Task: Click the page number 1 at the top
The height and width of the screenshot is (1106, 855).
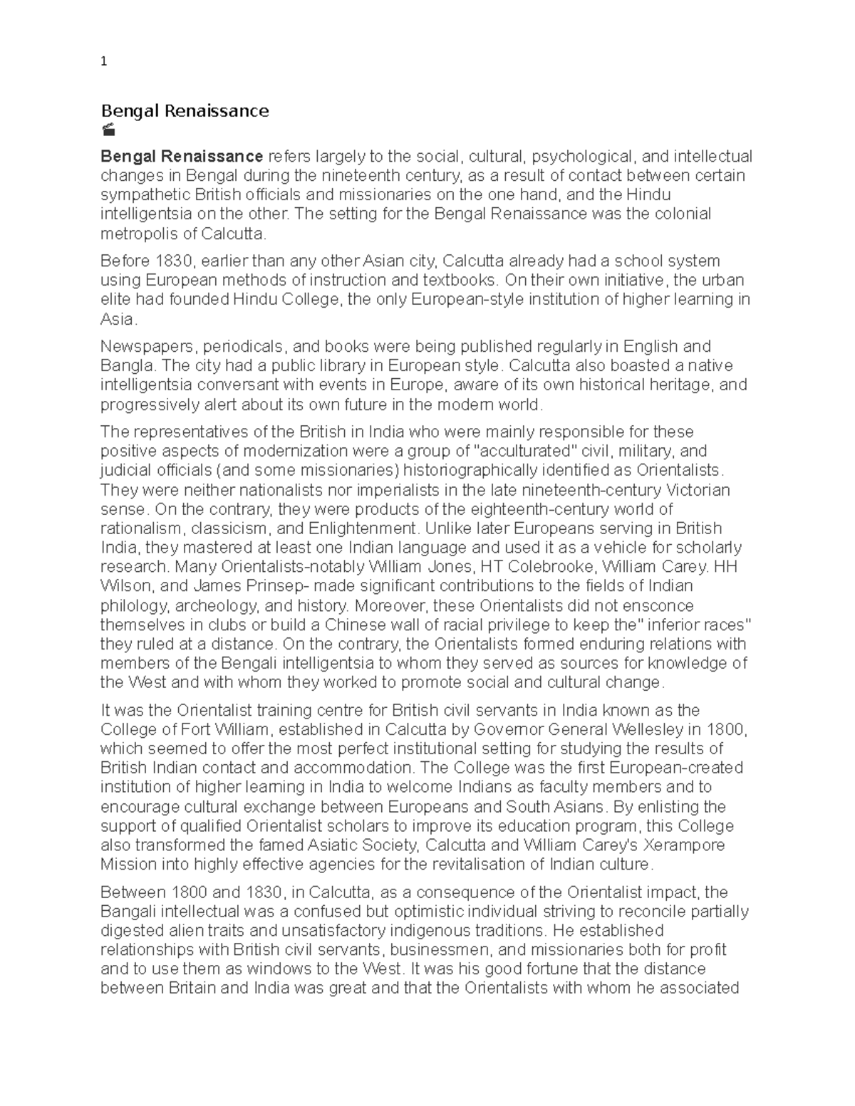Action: [104, 62]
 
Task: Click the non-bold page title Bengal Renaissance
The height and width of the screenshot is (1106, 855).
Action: [185, 110]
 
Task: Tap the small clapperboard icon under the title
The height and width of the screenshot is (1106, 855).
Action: [108, 130]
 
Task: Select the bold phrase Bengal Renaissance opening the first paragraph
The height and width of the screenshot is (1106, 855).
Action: [182, 156]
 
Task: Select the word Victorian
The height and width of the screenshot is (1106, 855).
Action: [698, 490]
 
